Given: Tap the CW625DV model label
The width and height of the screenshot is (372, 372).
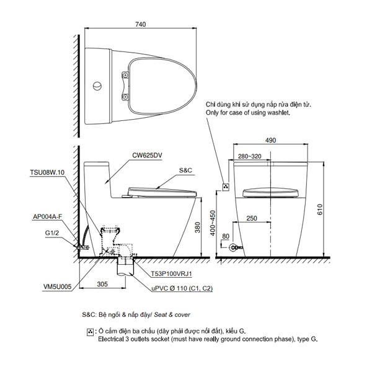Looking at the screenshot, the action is point(148,156).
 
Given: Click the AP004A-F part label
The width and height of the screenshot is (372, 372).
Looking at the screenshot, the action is point(48,217).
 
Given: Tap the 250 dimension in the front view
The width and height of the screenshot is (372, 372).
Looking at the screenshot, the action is point(251,218).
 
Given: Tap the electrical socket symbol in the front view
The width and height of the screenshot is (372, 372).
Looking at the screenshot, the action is point(226,185).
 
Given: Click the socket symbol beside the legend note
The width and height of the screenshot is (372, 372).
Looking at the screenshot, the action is point(91,333).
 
